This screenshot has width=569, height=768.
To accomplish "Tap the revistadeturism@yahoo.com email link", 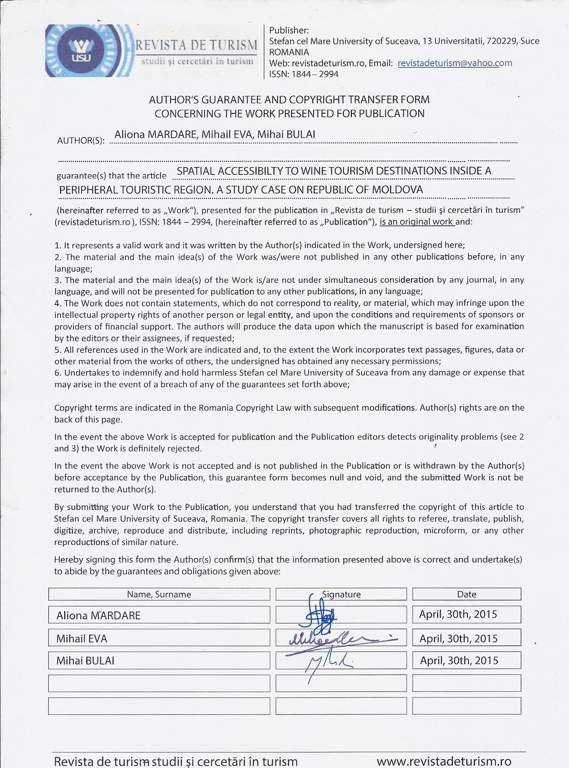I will tap(455, 63).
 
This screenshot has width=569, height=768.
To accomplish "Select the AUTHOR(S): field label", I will tap(80, 141).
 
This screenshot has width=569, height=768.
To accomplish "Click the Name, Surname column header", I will tap(159, 594).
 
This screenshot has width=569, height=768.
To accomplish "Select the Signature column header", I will tap(341, 594).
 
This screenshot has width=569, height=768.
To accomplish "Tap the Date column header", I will tap(467, 594).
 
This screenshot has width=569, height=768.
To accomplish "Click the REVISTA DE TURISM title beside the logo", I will tap(196, 45).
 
